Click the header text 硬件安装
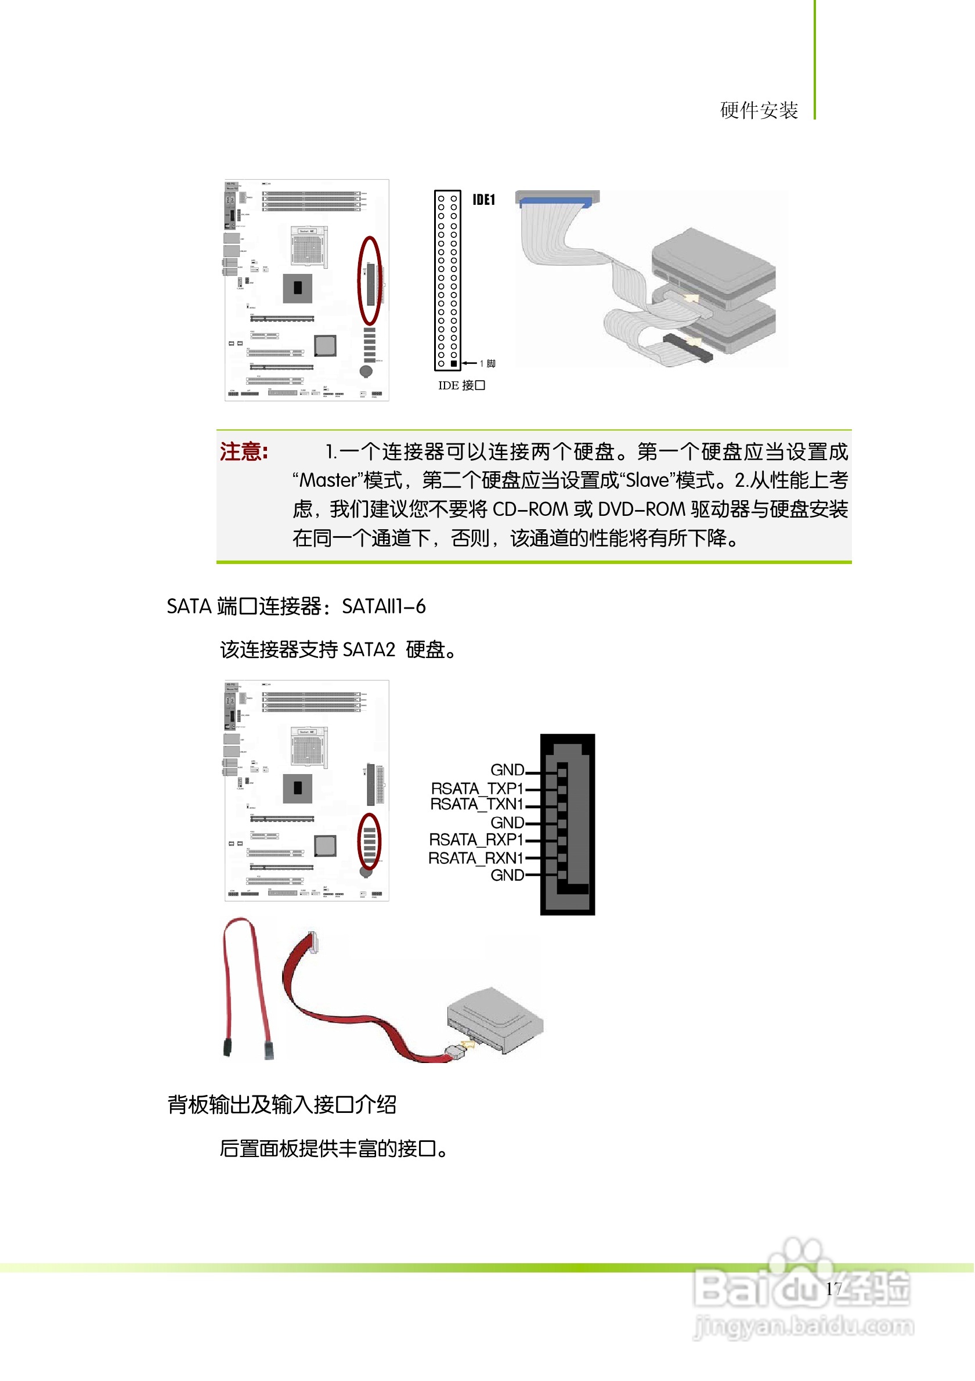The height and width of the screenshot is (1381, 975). coord(759,111)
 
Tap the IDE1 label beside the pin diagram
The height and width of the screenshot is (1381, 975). coord(483,200)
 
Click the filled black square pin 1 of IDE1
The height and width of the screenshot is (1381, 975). coord(454,363)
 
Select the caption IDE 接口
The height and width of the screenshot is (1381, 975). coord(461,385)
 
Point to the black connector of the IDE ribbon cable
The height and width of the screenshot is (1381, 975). coord(688,347)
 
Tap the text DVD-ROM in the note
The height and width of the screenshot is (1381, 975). coord(641,509)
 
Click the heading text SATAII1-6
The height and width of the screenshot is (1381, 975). coord(384,606)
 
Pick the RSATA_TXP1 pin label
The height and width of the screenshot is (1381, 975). coord(477,788)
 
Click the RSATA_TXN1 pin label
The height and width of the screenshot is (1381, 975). coord(476,804)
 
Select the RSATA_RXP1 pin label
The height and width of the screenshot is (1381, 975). coord(476,839)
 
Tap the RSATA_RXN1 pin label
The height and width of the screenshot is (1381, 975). coord(475,858)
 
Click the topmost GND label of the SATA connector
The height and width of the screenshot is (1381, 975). coord(507,770)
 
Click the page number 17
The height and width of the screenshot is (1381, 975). coord(833,1289)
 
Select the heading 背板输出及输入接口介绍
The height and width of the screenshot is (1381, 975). coord(281,1105)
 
